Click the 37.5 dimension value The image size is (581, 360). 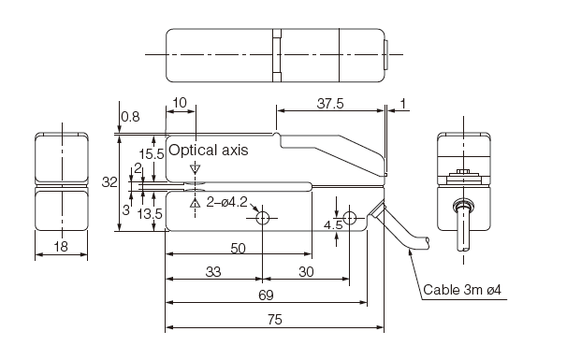(x=330, y=104)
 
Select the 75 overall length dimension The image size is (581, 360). (x=274, y=319)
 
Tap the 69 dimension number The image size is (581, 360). (x=266, y=295)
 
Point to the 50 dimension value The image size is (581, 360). (x=238, y=248)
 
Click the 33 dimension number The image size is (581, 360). (x=213, y=272)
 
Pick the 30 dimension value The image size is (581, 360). (x=306, y=272)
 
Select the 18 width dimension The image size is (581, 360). (x=61, y=246)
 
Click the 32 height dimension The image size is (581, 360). (x=109, y=182)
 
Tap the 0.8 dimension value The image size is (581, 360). (x=130, y=117)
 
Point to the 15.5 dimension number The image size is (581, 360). (x=152, y=154)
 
